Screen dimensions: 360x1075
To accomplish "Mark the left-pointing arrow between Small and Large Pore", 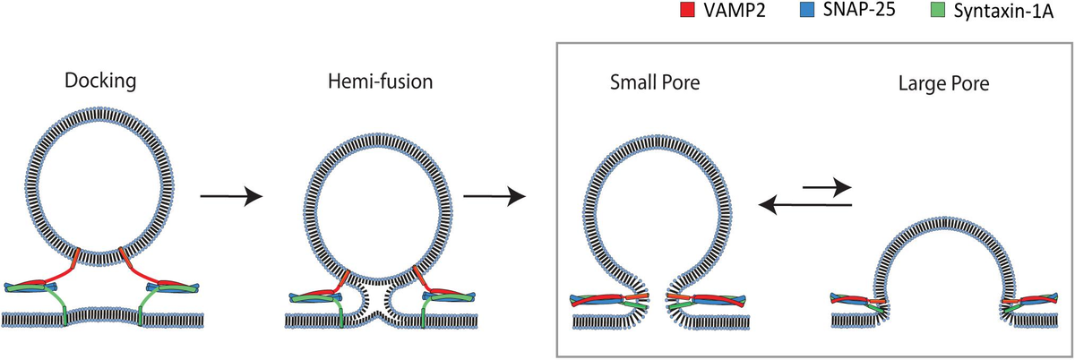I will [803, 206].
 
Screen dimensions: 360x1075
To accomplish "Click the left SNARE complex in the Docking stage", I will [36, 287].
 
